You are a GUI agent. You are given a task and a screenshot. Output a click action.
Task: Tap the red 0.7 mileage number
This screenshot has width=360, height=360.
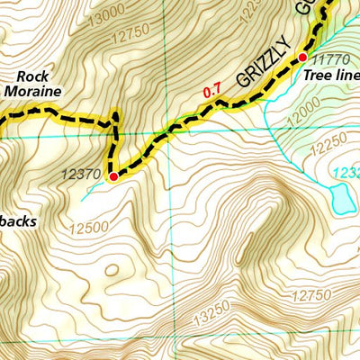(x=212, y=91)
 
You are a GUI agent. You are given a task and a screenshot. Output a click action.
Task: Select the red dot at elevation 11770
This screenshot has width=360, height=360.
(x=302, y=57)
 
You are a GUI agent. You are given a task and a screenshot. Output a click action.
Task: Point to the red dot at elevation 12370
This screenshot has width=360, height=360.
(x=113, y=177)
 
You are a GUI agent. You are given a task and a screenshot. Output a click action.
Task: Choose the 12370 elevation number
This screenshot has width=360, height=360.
(x=82, y=175)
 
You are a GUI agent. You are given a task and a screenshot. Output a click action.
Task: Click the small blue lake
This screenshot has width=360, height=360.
(x=342, y=198)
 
